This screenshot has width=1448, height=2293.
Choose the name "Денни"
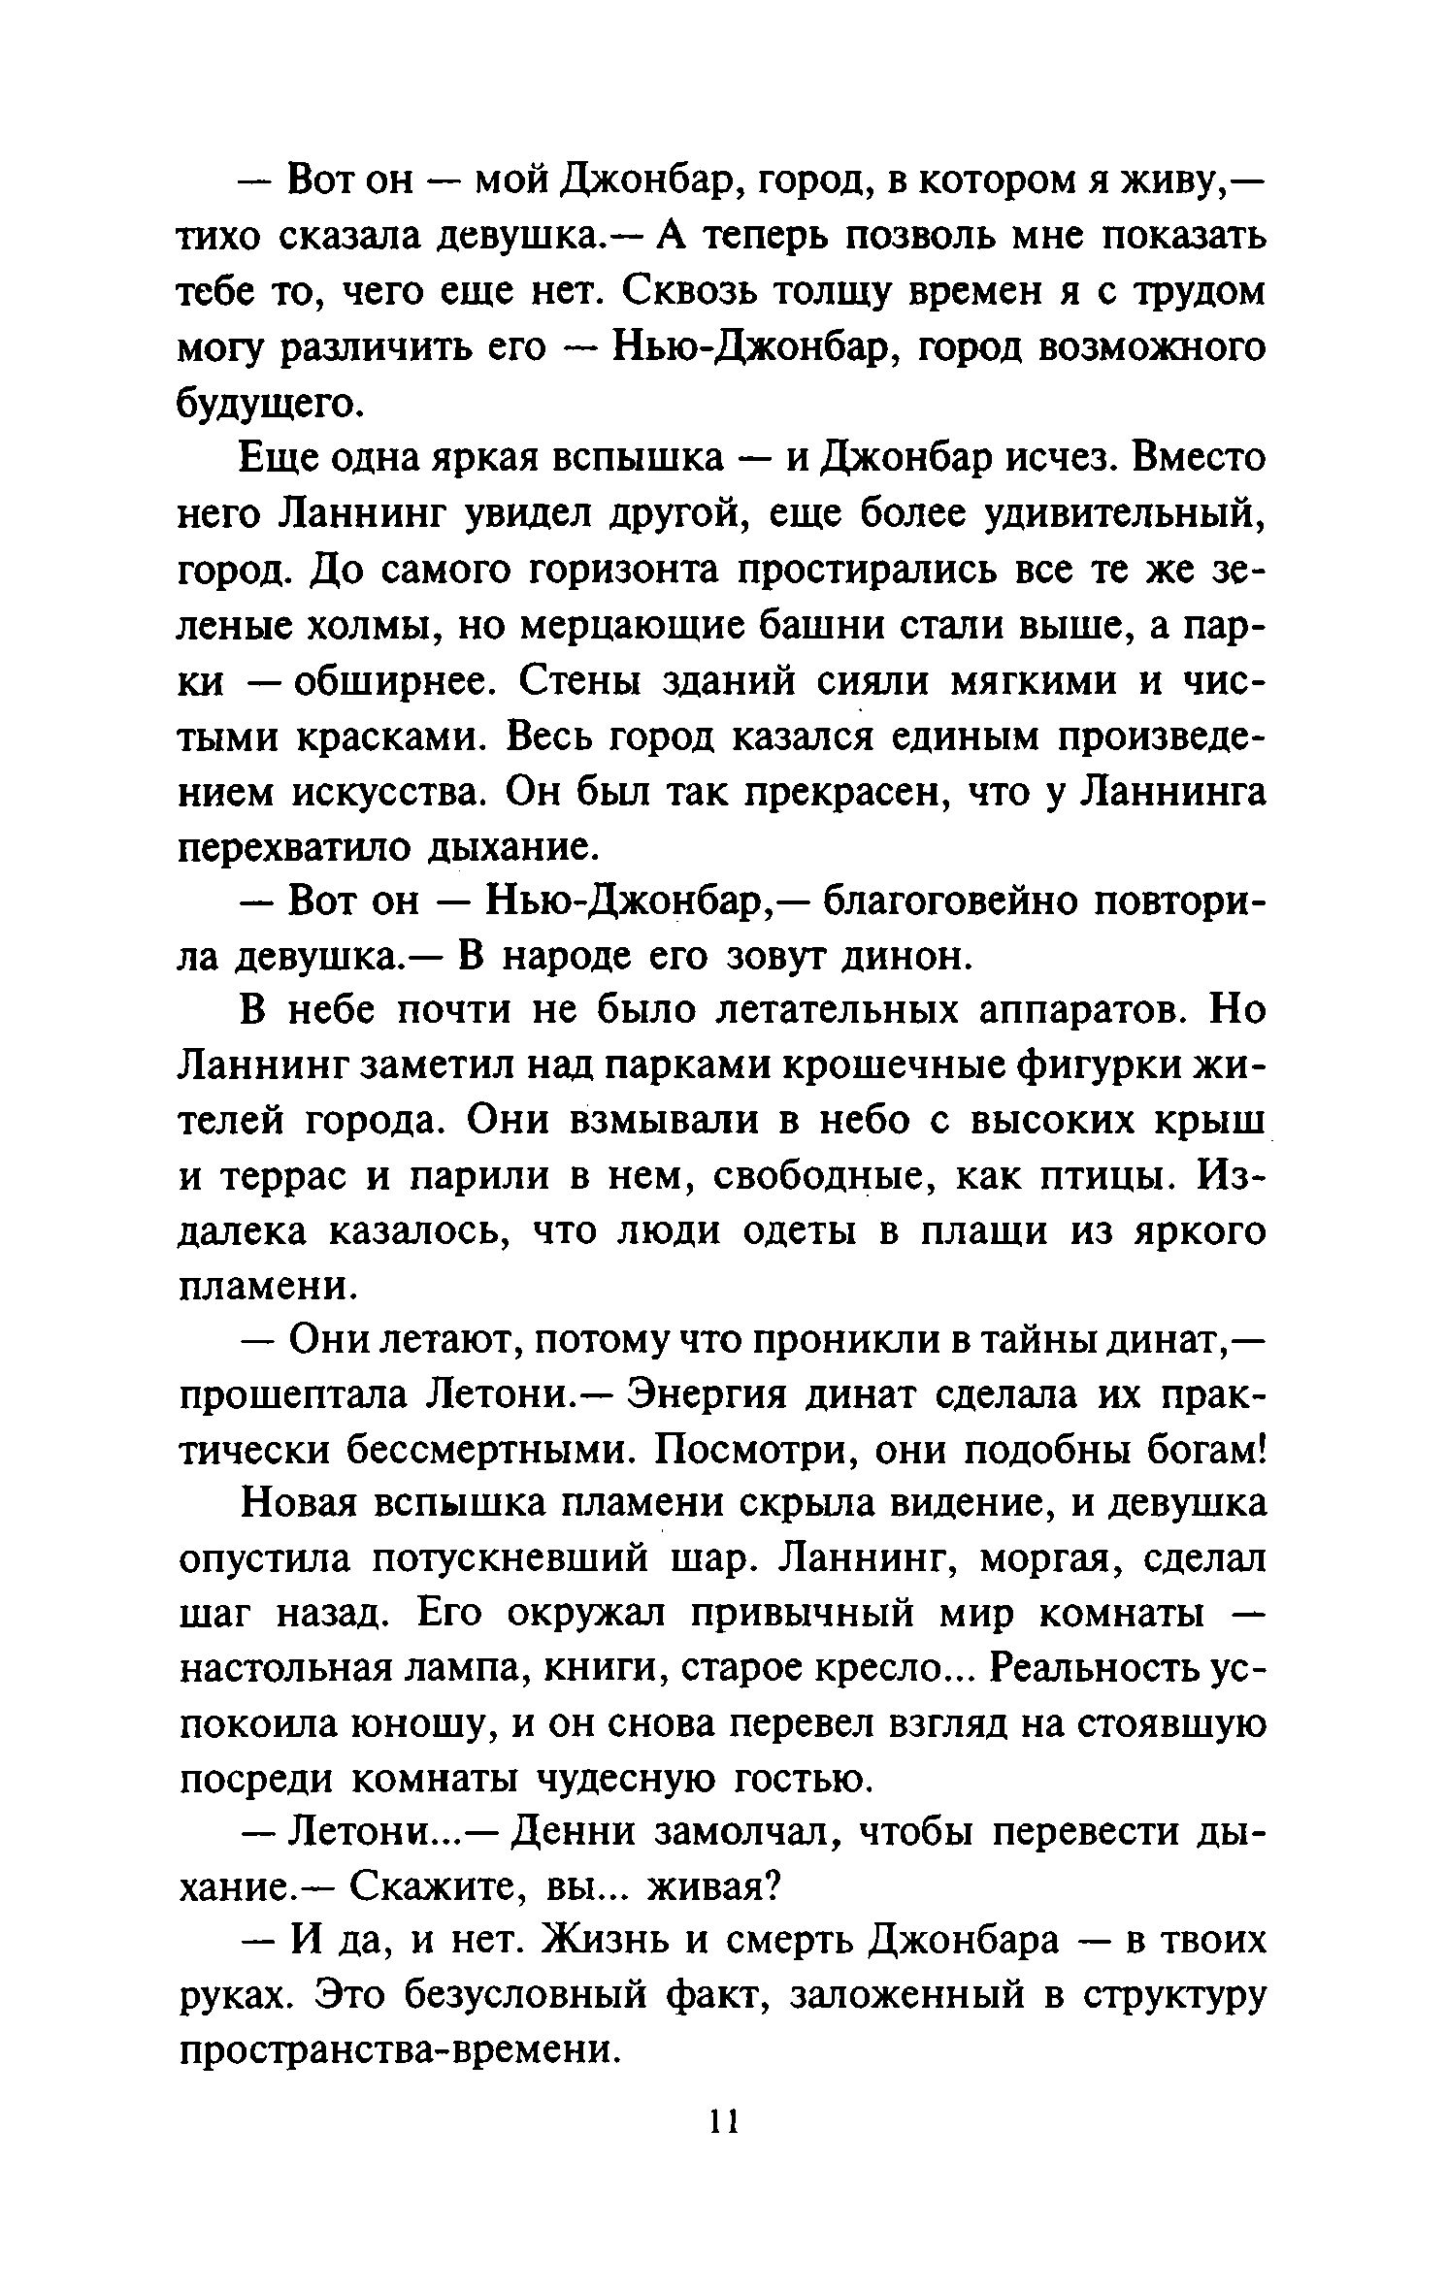tap(574, 1835)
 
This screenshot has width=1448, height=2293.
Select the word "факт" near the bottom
tap(724, 1999)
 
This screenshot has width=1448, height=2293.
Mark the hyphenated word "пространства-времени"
tap(399, 2055)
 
